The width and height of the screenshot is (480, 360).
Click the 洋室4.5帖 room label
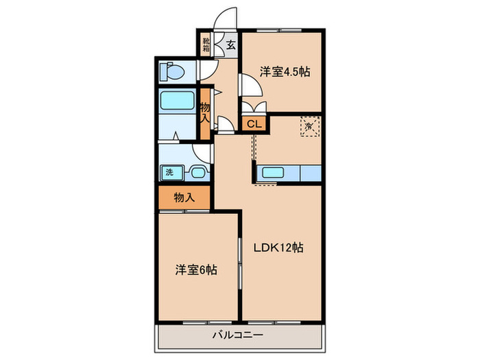click(x=281, y=71)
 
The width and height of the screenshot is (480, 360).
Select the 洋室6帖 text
click(x=195, y=269)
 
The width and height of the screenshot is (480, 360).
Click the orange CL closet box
click(x=253, y=124)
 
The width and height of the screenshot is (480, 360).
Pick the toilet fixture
click(x=172, y=71)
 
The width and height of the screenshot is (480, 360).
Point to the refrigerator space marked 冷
click(x=309, y=125)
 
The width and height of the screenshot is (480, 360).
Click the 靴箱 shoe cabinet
click(x=206, y=46)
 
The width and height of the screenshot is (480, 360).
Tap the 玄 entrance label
click(x=230, y=47)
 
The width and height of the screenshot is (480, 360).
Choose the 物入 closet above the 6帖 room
click(x=184, y=197)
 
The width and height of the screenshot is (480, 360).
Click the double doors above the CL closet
click(x=253, y=108)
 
